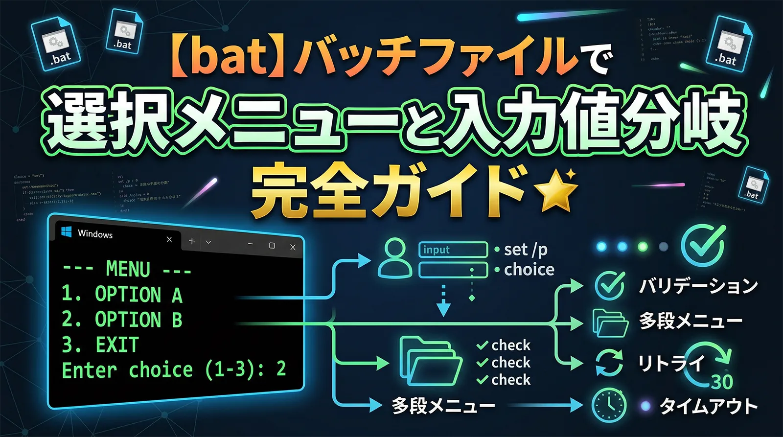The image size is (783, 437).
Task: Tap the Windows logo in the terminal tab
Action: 67,232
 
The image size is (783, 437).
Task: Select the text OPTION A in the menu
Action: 138,295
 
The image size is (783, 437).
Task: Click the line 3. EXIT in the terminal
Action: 100,345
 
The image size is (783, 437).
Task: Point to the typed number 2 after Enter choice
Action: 281,368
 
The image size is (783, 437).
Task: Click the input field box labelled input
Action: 453,250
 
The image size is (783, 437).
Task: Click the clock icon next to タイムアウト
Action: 609,405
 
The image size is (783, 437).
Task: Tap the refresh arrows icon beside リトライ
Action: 609,363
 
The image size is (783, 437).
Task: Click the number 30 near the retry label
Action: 722,381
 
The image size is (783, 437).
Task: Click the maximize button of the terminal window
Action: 272,245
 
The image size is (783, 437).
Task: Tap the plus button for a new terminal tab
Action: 192,241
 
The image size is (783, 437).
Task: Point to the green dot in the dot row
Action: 643,246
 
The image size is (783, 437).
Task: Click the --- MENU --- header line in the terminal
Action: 127,269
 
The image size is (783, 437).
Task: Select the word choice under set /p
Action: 529,270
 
